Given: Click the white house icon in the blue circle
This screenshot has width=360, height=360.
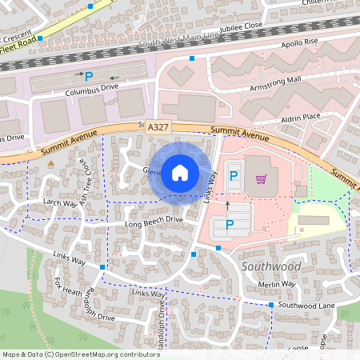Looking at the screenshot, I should pyautogui.click(x=179, y=172).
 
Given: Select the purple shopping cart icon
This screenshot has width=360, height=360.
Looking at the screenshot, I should pyautogui.click(x=260, y=179).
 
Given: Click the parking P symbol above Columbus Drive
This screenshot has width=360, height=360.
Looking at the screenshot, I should pyautogui.click(x=90, y=76).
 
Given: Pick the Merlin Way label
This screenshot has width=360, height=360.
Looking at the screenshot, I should pyautogui.click(x=278, y=284).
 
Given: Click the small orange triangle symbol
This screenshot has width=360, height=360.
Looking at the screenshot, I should pyautogui.click(x=51, y=163).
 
